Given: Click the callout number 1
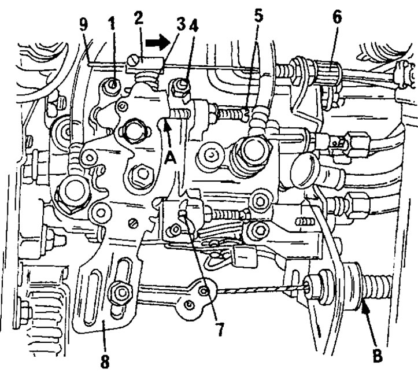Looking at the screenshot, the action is pyautogui.click(x=112, y=24).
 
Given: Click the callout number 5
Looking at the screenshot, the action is pyautogui.click(x=258, y=16).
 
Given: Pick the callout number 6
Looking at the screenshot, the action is pyautogui.click(x=337, y=17).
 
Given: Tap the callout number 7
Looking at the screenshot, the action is pyautogui.click(x=220, y=330).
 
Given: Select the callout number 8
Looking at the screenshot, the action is pyautogui.click(x=105, y=361).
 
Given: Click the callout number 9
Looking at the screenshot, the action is pyautogui.click(x=83, y=25).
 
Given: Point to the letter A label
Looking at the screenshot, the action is pyautogui.click(x=170, y=159).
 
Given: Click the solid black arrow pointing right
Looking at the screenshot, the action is pyautogui.click(x=158, y=42).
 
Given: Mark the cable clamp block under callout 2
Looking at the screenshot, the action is pyautogui.click(x=144, y=64).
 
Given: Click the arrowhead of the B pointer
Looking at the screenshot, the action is pyautogui.click(x=365, y=310).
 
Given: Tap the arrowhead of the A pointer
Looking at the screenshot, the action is pyautogui.click(x=167, y=127).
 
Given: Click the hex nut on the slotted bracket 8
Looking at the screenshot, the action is pyautogui.click(x=121, y=293).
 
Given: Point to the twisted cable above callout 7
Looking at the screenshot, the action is pyautogui.click(x=261, y=289).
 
